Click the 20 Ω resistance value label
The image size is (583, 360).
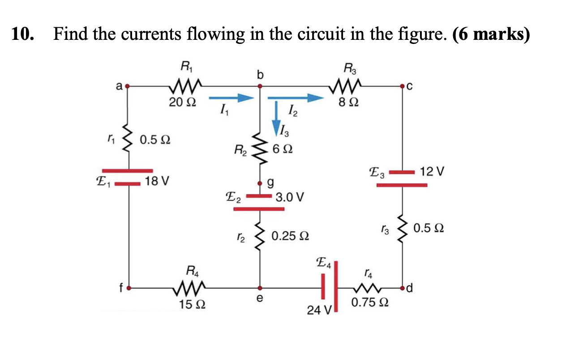[x=182, y=103]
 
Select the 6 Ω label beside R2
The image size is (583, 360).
[x=282, y=148]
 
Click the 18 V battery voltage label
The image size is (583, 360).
[x=157, y=182]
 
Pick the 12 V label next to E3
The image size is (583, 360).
[x=432, y=171]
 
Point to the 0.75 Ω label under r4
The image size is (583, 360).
[x=370, y=303]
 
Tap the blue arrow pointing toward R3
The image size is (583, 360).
[x=296, y=98]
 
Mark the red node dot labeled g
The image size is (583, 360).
[x=261, y=183]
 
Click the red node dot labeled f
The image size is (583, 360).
[x=129, y=287]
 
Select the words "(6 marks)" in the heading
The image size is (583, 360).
[x=491, y=34]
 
